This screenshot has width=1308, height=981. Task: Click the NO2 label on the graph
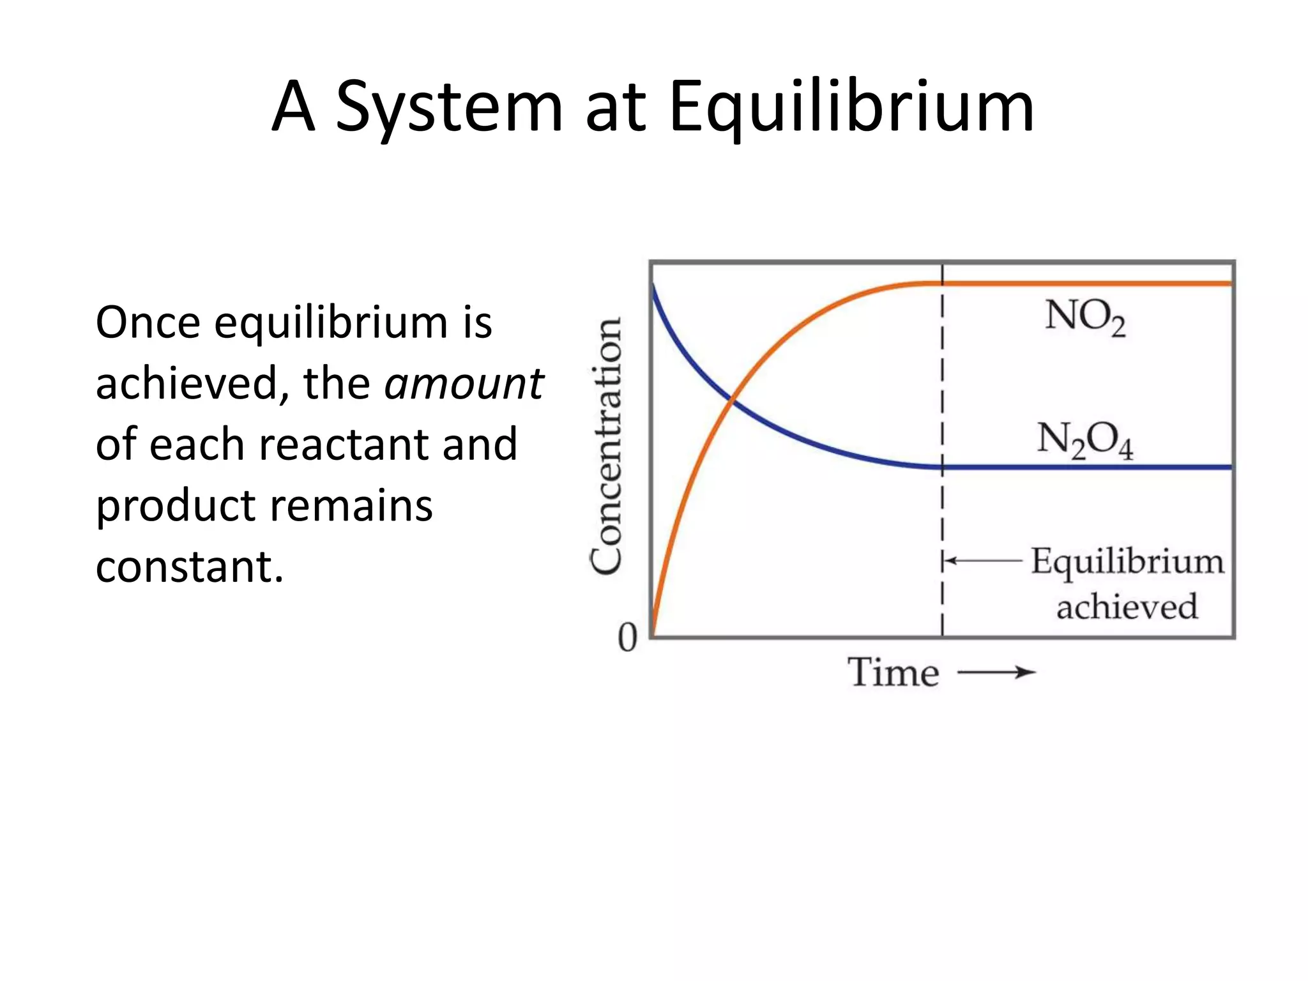click(x=1084, y=317)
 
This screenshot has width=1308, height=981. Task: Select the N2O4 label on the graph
click(x=1084, y=441)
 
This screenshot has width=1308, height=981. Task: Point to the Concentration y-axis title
click(x=606, y=446)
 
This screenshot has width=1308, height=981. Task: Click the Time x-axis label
click(x=894, y=673)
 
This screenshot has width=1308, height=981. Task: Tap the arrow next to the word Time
click(x=996, y=672)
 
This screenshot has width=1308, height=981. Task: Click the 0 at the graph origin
click(x=627, y=637)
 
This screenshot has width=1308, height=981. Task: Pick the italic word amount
click(x=464, y=383)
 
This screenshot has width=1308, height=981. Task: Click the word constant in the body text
click(x=189, y=567)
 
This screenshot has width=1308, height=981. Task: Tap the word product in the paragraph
click(x=175, y=506)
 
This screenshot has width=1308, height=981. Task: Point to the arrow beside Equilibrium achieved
click(x=984, y=561)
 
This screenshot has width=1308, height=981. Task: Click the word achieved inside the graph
click(x=1127, y=607)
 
